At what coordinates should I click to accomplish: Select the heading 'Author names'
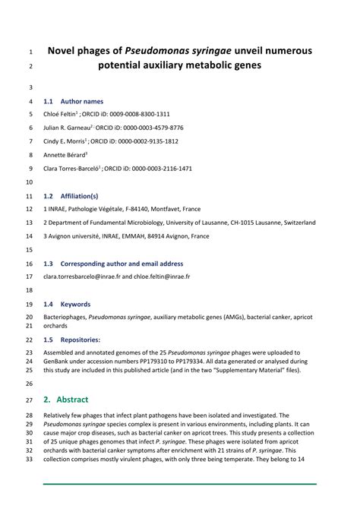pos(82,101)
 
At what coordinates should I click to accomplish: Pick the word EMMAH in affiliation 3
pos(121,236)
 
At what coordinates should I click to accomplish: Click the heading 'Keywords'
pos(75,304)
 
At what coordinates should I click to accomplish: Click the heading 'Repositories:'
pos(81,340)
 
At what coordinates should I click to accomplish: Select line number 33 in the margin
pos(29,460)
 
